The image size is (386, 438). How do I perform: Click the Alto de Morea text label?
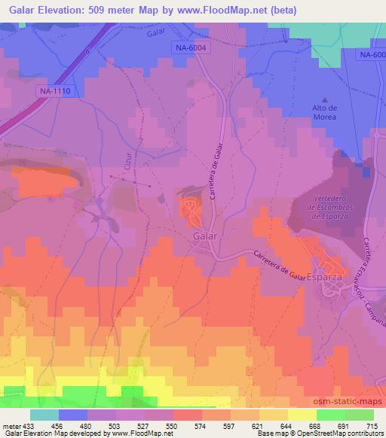pyautogui.click(x=325, y=112)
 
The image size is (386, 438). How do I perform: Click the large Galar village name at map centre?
pyautogui.click(x=205, y=236)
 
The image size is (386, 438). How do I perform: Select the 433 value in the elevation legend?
pyautogui.click(x=29, y=425)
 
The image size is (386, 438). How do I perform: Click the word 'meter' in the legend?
pyautogui.click(x=11, y=425)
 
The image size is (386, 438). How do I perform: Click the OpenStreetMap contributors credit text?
pyautogui.click(x=343, y=433)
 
